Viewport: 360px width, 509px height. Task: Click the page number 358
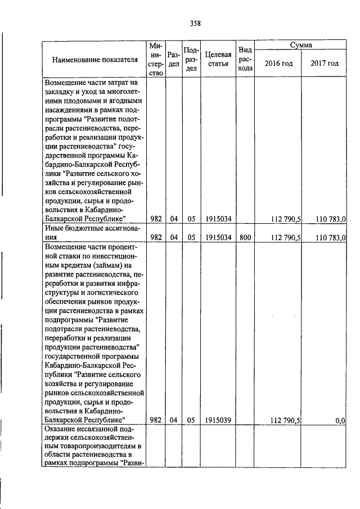click(195, 23)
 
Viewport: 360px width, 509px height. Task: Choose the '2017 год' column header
click(325, 63)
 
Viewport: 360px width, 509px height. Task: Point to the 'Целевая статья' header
click(217, 59)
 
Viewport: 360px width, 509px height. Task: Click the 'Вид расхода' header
click(245, 58)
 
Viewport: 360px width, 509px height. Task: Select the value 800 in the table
click(245, 238)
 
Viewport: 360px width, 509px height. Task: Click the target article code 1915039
click(217, 420)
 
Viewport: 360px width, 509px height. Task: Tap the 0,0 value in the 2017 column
click(340, 420)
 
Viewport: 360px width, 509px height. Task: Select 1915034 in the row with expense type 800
click(217, 238)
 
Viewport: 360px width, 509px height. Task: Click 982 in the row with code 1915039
click(156, 420)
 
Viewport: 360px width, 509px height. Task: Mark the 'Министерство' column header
click(156, 58)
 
